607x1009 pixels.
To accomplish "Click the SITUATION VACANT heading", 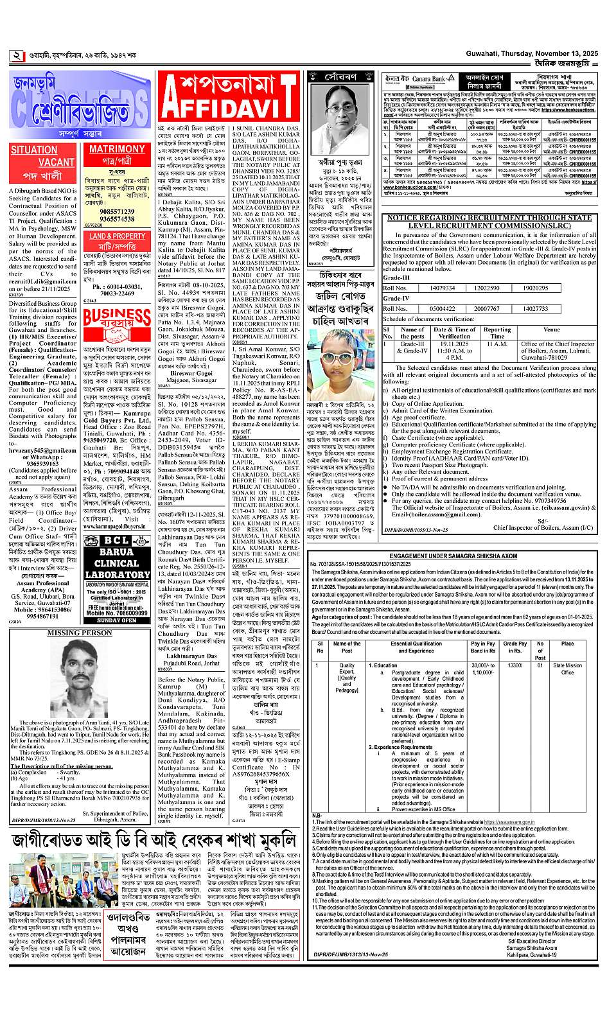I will tap(43, 156).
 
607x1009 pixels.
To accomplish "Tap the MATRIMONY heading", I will tap(117, 149).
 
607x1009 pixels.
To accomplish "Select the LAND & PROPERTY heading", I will tap(117, 236).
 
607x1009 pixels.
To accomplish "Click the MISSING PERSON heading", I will tap(80, 633).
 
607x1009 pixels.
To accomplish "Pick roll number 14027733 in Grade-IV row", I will tap(534, 308).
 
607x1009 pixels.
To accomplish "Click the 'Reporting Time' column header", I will tap(497, 333).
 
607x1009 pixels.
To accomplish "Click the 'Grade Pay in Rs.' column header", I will tap(515, 647).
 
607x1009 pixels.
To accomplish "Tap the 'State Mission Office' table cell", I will tap(567, 669).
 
